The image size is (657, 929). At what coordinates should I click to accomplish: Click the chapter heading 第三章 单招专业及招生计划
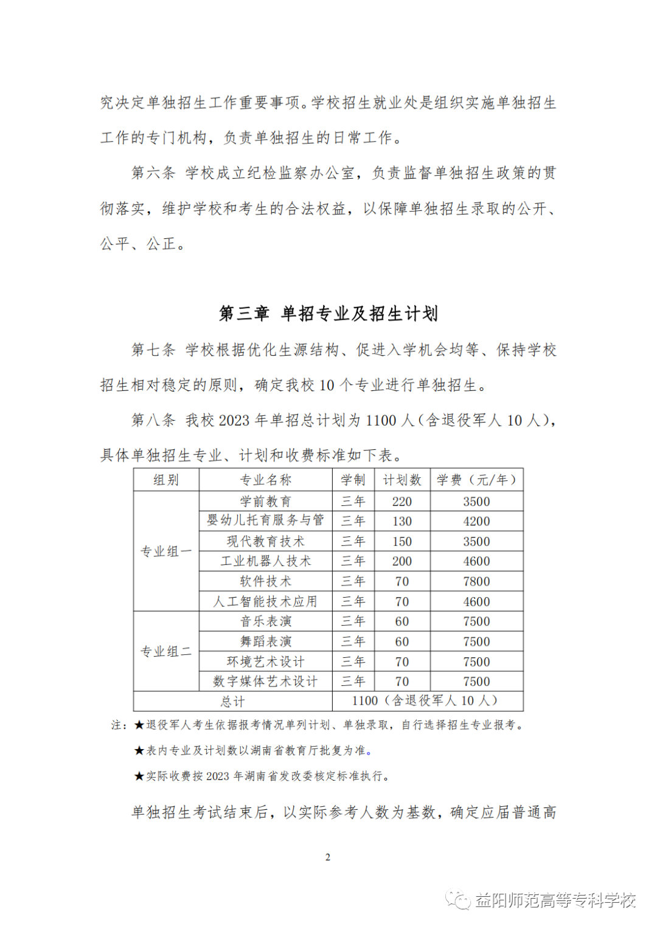click(328, 314)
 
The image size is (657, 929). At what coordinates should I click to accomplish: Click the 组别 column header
click(166, 480)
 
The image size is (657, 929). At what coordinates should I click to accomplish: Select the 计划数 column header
click(402, 480)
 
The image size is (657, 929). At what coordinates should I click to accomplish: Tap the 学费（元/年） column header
click(476, 480)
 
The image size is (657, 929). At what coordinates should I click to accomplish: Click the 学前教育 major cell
click(266, 502)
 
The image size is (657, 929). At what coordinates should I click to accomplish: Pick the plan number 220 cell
click(402, 502)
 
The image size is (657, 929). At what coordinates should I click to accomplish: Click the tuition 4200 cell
click(476, 522)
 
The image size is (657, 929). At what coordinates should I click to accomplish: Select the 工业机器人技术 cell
click(266, 561)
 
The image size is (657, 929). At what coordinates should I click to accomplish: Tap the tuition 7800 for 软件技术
click(476, 581)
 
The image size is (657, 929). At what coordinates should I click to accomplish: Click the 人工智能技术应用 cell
click(266, 601)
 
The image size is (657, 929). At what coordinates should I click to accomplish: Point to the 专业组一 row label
click(166, 551)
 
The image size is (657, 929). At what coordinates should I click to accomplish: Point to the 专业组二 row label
click(166, 652)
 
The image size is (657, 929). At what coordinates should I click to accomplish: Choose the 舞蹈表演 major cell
click(266, 641)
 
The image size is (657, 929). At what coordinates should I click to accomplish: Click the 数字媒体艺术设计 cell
click(266, 682)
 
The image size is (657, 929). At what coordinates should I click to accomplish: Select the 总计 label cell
click(233, 702)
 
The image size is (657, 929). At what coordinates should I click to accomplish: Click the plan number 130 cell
click(402, 522)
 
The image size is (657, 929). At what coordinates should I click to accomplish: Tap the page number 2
click(328, 857)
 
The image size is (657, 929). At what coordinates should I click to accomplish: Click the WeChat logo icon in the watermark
click(458, 900)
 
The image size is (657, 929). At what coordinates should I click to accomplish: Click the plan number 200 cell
click(402, 561)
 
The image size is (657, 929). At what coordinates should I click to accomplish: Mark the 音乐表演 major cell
click(266, 621)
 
